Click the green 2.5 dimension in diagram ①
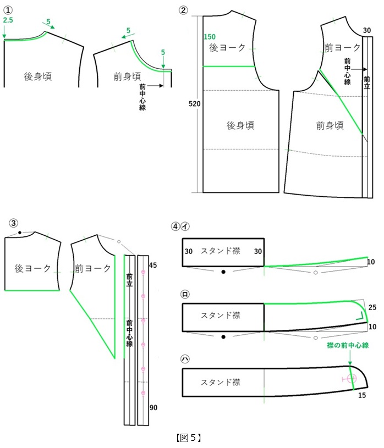coord(8,20)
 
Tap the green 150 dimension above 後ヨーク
coord(210,37)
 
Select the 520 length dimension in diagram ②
coord(194,104)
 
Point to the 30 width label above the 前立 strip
coord(367,30)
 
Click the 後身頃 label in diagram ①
coord(38,76)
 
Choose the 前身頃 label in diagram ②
coord(330,125)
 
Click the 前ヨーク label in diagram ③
coord(92,268)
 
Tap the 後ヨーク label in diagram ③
coord(32,268)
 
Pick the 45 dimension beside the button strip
coord(153,265)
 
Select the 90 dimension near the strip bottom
coord(153,407)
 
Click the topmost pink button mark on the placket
coord(143,272)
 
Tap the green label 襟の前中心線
coord(348,345)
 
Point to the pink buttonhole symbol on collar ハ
coord(350,379)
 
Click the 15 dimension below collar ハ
coord(362,395)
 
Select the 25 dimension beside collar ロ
coord(372,307)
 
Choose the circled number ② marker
coord(183,10)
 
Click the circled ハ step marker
coord(185,359)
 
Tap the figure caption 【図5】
coord(189,438)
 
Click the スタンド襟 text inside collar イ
coord(220,251)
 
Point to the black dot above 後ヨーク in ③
coord(19,233)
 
